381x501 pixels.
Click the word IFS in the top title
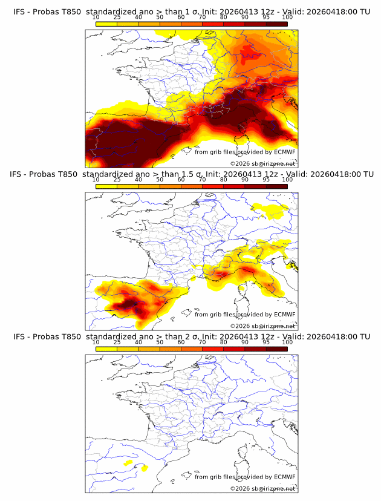click(20, 11)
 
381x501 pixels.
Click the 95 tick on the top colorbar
click(266, 18)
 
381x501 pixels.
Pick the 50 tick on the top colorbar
click(160, 18)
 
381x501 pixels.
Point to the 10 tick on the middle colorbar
click(96, 180)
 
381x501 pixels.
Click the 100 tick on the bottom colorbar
click(287, 342)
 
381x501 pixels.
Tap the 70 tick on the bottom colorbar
click(202, 342)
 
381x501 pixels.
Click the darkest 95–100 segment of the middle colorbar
click(276, 186)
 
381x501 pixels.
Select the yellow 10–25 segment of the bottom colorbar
click(106, 349)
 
